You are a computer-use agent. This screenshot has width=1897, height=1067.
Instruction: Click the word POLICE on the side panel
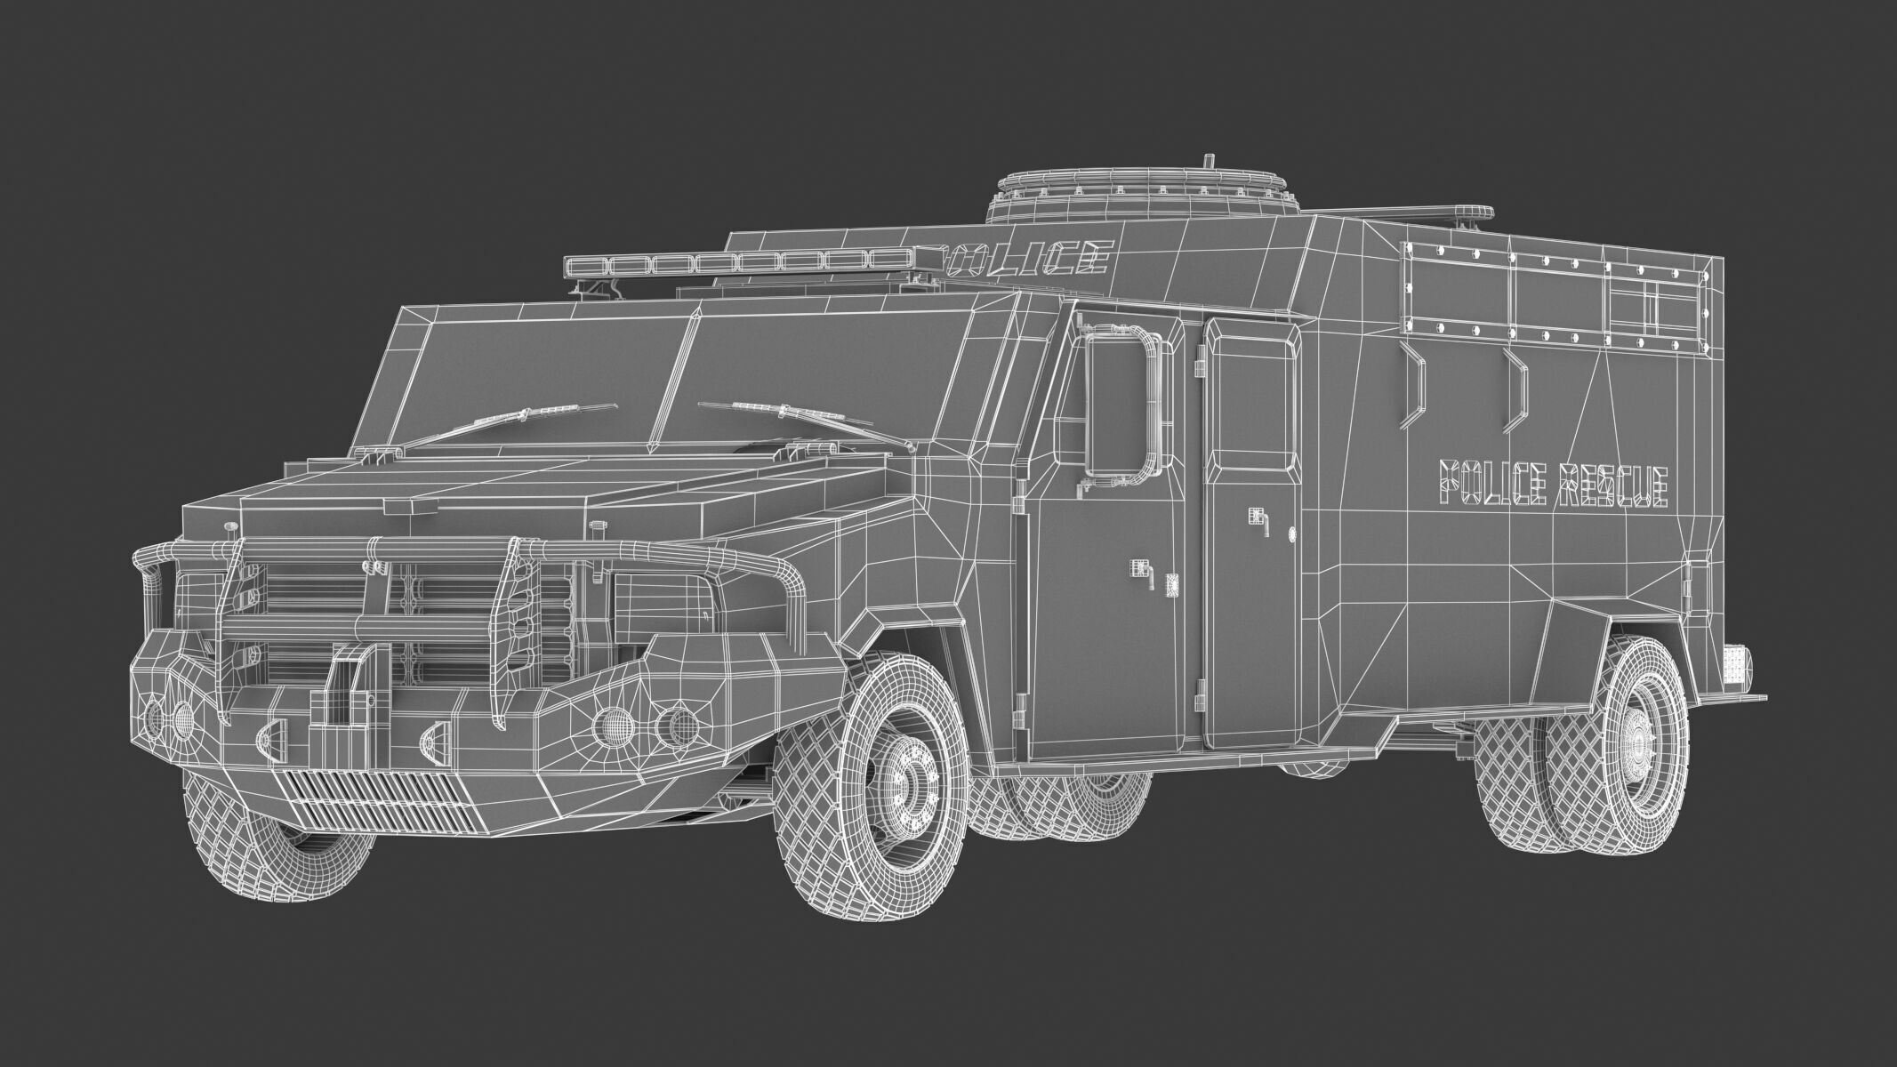point(1489,485)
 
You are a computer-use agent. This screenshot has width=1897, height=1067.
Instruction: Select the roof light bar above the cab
point(738,263)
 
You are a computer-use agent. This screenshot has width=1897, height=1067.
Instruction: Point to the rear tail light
point(1734,664)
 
